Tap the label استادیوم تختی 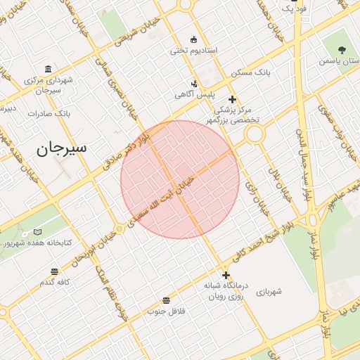click(194, 51)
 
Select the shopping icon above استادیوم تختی click(194, 39)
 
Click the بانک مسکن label click(250, 72)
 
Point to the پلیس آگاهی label click(195, 94)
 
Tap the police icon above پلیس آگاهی click(195, 83)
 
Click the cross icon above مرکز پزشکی click(232, 100)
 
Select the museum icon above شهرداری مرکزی click(47, 69)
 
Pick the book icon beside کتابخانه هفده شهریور click(38, 232)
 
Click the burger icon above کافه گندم click(55, 271)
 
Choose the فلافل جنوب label click(165, 310)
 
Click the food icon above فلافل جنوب click(165, 299)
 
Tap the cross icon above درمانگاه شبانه click(226, 275)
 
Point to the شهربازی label click(269, 291)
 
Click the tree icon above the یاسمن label click(342, 50)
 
